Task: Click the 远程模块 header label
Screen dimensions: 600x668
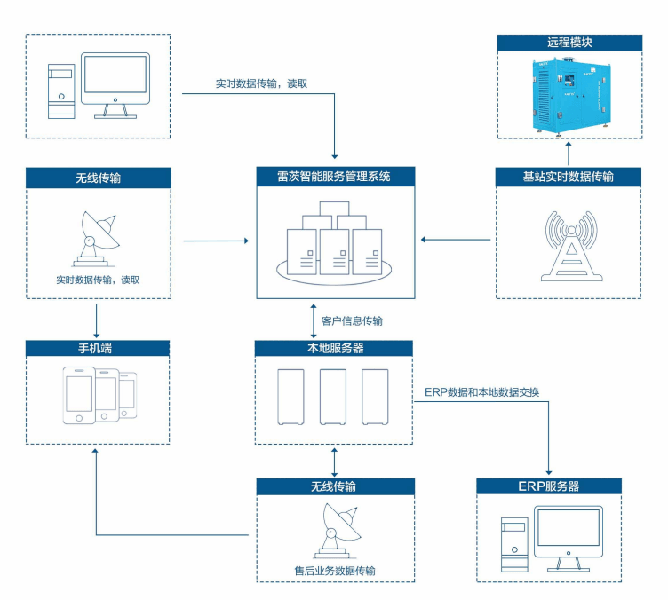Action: point(569,43)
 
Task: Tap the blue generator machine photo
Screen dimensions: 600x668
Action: point(569,95)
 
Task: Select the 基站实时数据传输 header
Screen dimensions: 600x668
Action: point(569,176)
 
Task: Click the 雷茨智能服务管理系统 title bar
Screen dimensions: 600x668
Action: point(334,176)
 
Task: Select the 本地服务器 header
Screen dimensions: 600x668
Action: point(334,348)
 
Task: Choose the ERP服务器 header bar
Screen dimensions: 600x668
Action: point(549,486)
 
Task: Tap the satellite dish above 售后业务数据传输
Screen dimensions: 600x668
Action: point(335,530)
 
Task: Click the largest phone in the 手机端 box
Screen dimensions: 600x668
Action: point(79,398)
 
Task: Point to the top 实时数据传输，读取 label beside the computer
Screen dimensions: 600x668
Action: point(261,84)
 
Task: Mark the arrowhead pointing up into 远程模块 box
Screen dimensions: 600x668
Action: point(569,143)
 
